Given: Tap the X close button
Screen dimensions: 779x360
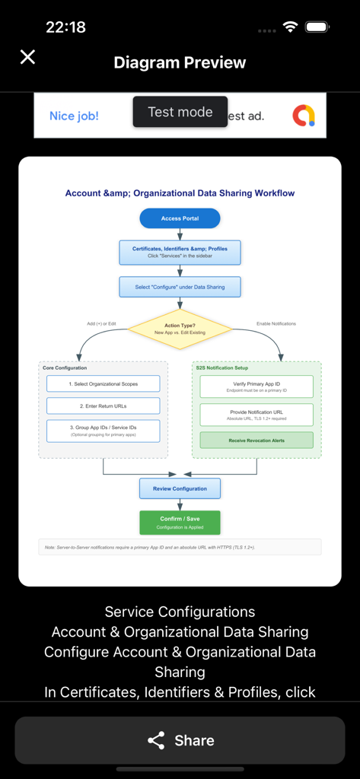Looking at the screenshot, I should coord(27,57).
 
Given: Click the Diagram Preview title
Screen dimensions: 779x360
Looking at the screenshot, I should coord(180,62).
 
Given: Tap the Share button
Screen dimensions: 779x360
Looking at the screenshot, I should coord(180,740).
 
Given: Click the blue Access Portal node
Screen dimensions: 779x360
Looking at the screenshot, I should coord(180,218).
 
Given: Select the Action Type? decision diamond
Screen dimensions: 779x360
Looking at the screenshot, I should coord(180,329).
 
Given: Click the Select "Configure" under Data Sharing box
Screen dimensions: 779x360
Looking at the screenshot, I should coord(180,287).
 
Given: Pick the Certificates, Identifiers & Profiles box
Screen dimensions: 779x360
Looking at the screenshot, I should coord(180,253).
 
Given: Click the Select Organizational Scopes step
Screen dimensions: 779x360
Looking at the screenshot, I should coord(104,384).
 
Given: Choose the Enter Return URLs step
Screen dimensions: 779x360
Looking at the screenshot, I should coord(104,406).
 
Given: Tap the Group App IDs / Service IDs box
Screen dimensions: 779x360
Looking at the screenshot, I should coord(104,431).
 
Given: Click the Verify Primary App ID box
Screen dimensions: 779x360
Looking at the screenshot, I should coord(256,386).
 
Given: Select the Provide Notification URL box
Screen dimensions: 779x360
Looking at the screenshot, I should coord(256,415).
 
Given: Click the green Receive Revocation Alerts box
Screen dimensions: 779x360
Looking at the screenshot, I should coord(256,440).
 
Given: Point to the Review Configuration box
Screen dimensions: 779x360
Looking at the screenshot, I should coord(180,488).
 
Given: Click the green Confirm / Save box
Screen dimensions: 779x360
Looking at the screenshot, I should coord(180,523).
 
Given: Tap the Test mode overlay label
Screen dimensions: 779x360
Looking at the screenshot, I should coord(180,112).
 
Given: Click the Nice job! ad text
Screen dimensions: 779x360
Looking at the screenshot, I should coord(74,116).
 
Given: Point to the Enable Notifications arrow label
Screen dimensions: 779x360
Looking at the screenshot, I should coord(276,323).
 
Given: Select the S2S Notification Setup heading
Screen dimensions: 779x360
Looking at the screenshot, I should coord(221,368).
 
